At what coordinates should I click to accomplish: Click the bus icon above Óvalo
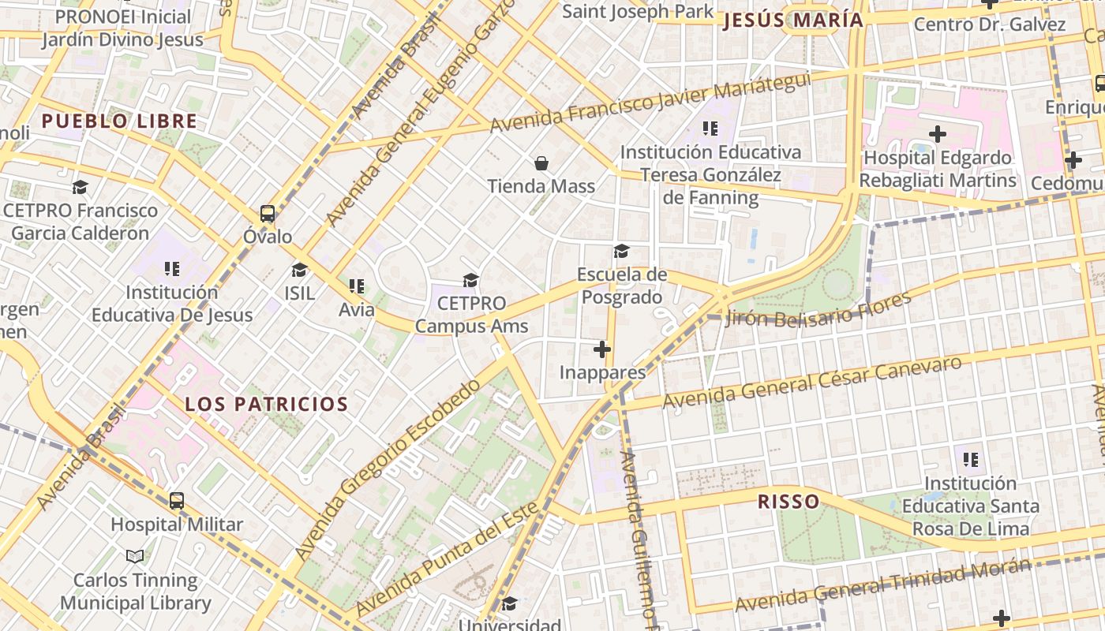click(268, 214)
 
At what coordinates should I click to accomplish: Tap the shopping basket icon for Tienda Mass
click(541, 163)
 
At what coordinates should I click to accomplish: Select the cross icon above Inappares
click(602, 349)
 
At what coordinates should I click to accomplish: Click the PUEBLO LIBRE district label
click(119, 121)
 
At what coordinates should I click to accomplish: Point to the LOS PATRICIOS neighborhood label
click(267, 405)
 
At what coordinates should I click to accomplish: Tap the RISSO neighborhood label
click(788, 502)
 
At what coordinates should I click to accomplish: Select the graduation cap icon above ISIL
click(299, 271)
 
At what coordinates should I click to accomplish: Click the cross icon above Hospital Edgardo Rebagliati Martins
click(938, 134)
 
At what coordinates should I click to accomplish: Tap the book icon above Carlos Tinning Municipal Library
click(135, 557)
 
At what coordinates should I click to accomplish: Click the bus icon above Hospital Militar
click(177, 501)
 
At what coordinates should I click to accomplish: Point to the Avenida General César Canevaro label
click(813, 383)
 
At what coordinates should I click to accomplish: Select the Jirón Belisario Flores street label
click(818, 310)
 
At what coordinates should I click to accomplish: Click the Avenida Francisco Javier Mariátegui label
click(650, 103)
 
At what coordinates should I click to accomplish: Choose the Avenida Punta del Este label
click(448, 558)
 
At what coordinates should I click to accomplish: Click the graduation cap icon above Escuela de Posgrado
click(622, 252)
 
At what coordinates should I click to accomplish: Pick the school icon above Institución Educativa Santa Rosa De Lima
click(971, 459)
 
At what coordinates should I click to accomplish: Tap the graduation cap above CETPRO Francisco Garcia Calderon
click(80, 188)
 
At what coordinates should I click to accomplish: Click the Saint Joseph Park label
click(638, 11)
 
